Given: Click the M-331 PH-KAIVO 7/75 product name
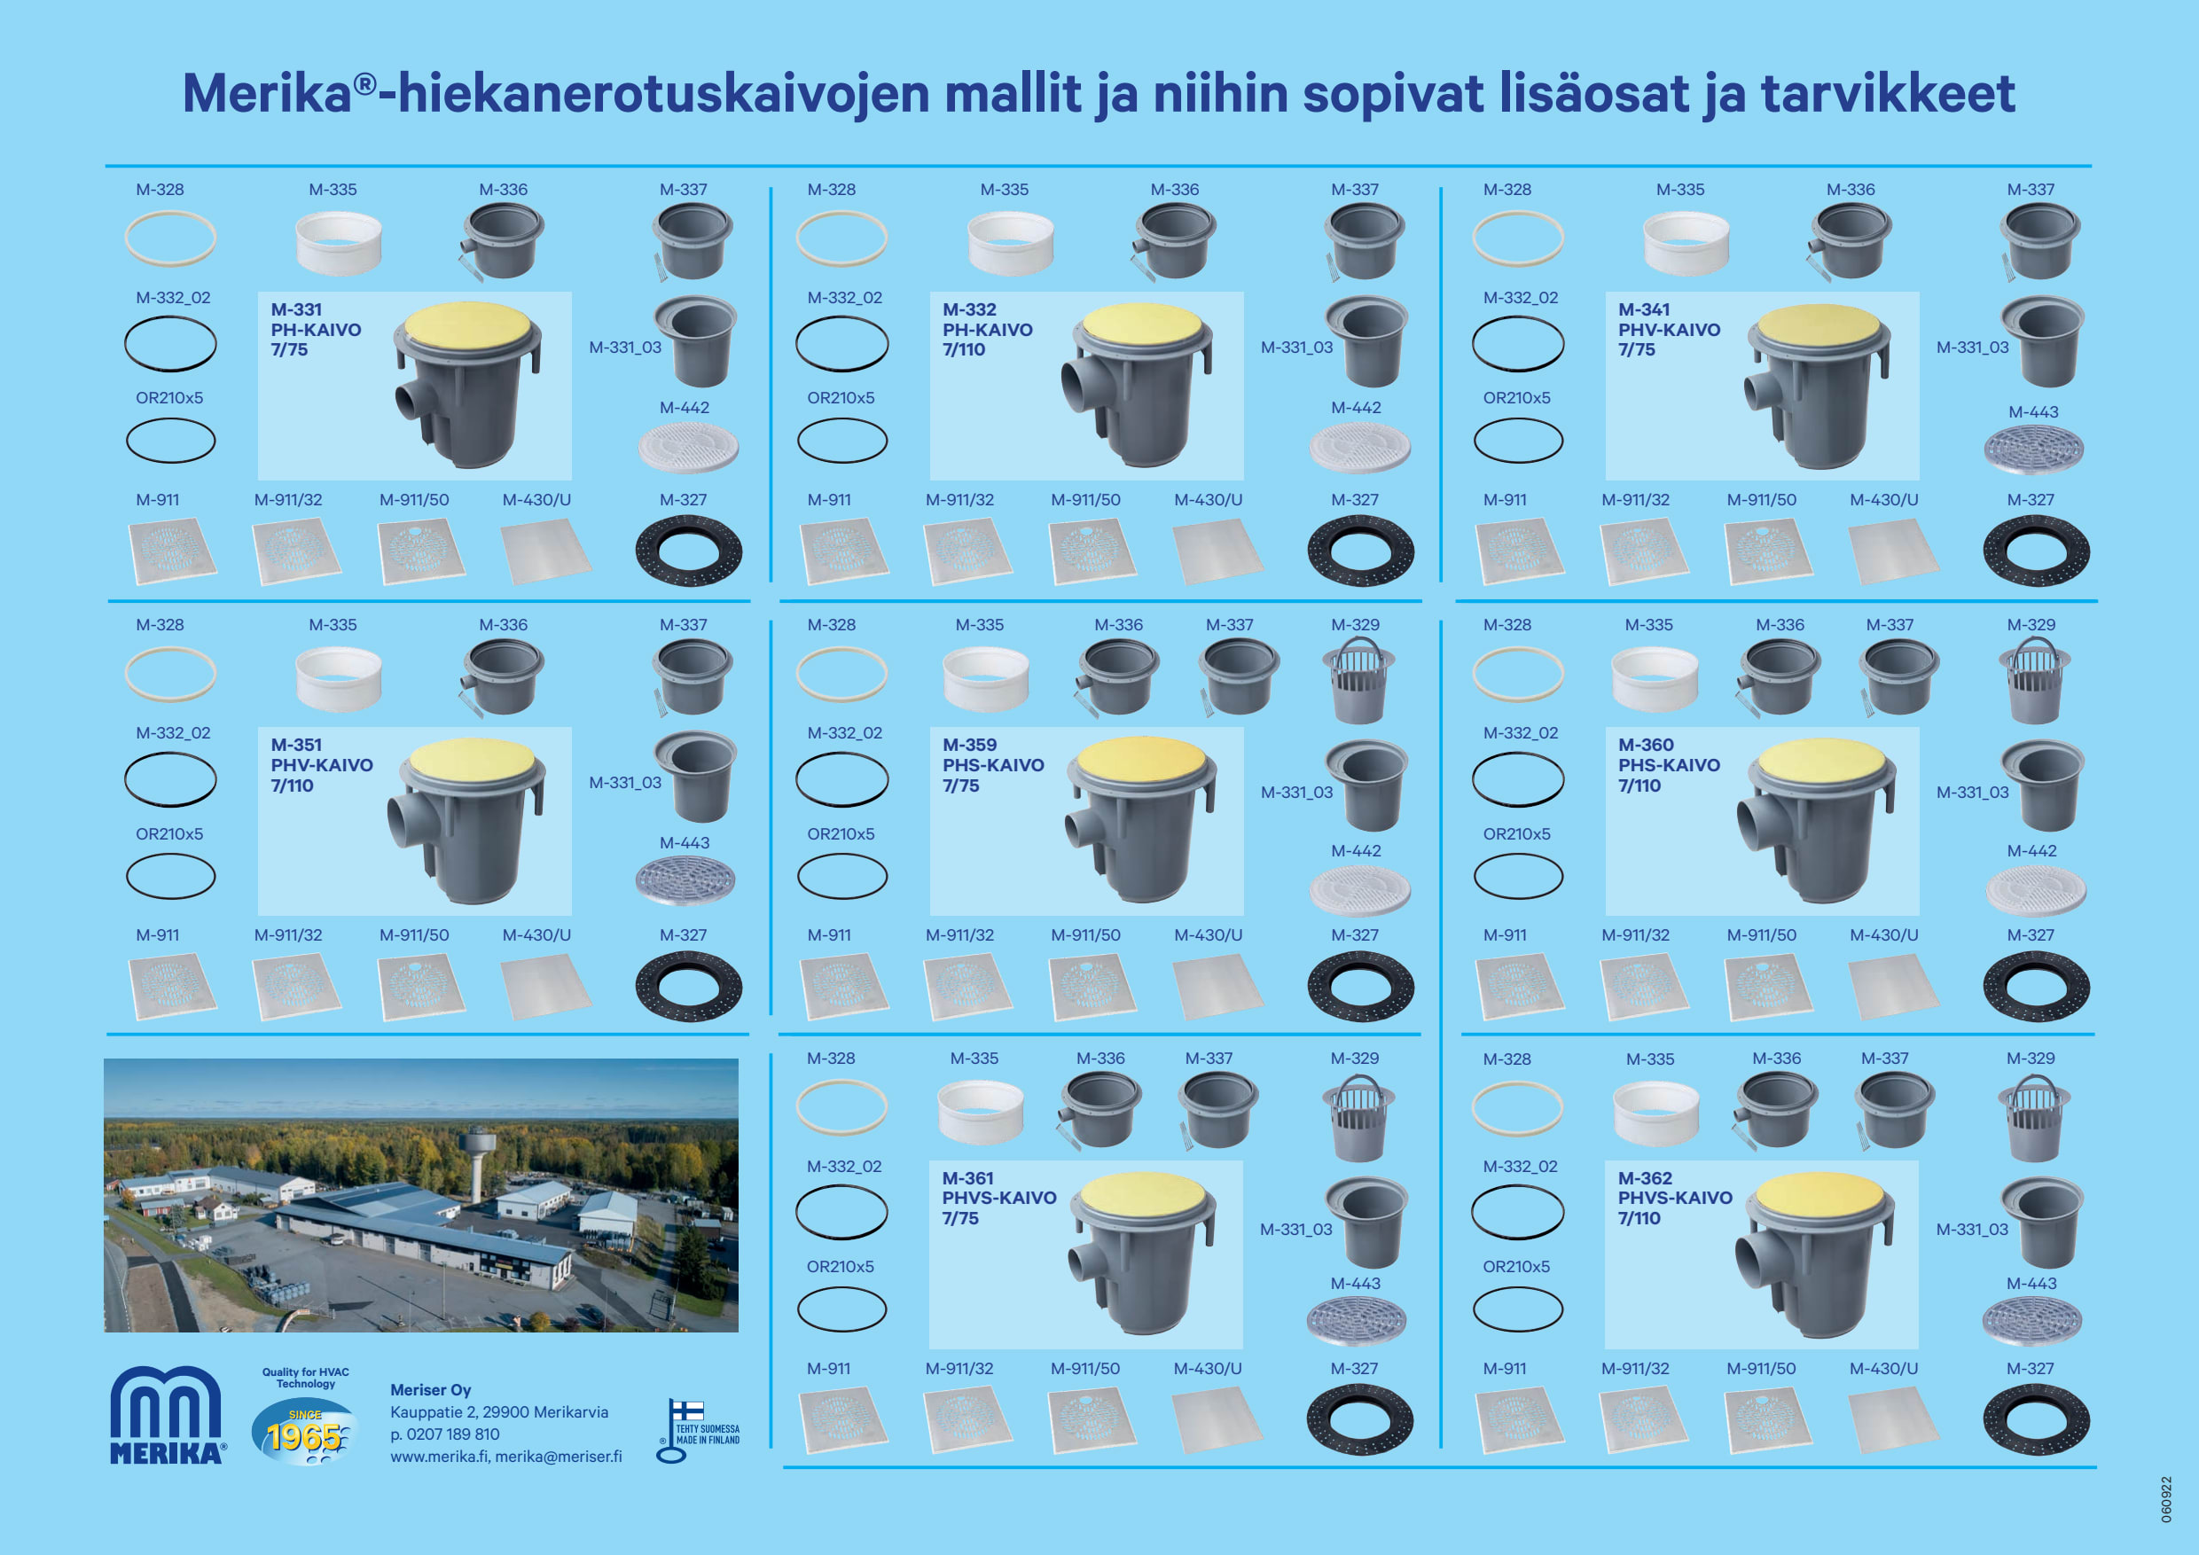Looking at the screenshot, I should click(x=315, y=330).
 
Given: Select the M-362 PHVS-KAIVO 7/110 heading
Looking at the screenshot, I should click(x=1674, y=1198).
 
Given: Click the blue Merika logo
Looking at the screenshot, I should click(x=167, y=1415).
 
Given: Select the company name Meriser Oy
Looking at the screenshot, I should click(x=430, y=1390).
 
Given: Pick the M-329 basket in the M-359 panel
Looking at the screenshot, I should click(x=1358, y=682).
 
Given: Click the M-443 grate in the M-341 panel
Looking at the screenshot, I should click(x=2032, y=450).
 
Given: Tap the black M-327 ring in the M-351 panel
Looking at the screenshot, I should click(x=688, y=986).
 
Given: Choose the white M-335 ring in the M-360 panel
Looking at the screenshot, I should click(x=1654, y=678).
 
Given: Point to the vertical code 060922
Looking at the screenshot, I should click(x=2166, y=1499).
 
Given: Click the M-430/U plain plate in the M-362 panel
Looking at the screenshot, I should click(x=1892, y=1419).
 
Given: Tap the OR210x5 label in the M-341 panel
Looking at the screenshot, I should click(x=1516, y=397).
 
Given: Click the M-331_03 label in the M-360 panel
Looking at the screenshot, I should click(x=1972, y=793).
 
